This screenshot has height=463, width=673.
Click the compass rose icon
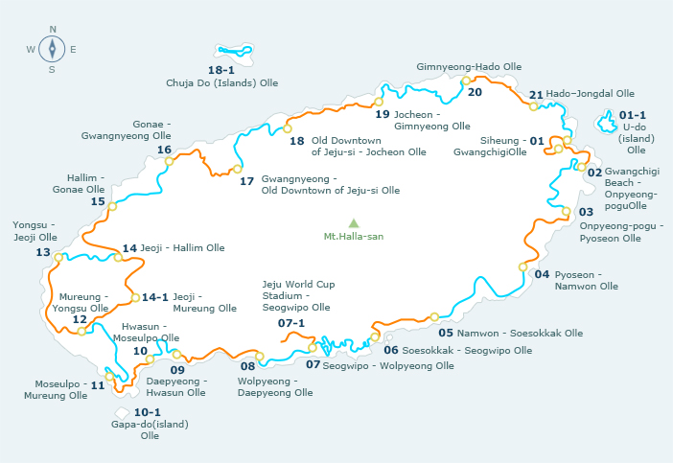pos(51,48)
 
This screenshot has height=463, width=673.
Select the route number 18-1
pos(221,70)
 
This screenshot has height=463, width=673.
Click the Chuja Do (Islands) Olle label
pos(221,83)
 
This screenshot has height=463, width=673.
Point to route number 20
pos(475,92)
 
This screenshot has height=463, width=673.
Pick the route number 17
pos(246,180)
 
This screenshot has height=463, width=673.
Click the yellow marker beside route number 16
pos(169,161)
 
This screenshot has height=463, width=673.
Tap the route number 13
pos(42,252)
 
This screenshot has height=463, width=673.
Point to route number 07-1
pos(291,323)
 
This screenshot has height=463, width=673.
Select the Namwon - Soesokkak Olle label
pos(520,334)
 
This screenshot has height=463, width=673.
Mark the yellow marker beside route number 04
pos(522,266)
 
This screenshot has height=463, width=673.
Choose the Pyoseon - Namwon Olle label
pos(586,280)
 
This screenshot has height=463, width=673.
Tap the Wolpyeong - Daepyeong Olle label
pos(275,386)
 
